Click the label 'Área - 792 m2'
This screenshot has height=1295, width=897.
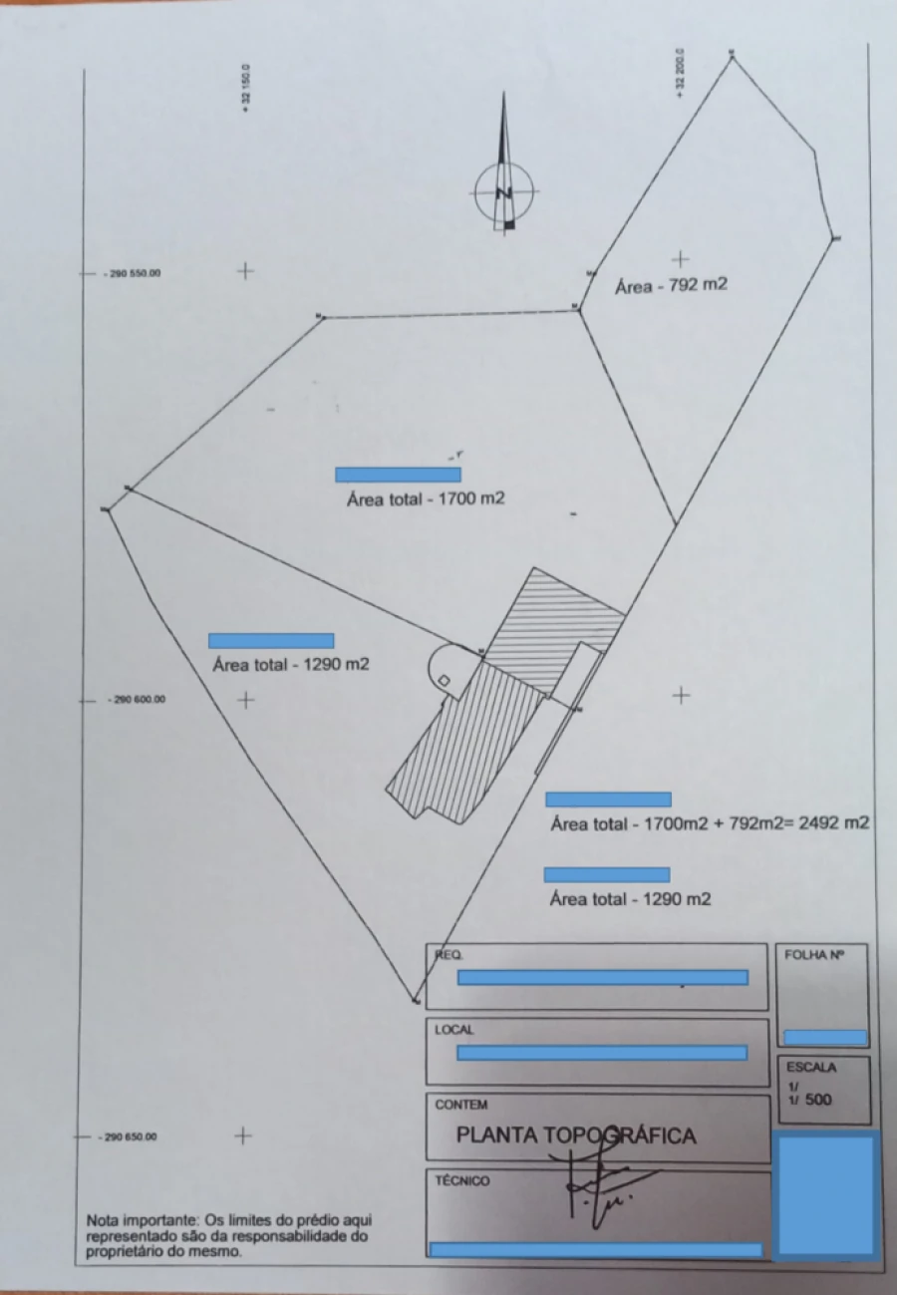[x=671, y=285]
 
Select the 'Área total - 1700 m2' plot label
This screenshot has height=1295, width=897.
[x=426, y=498]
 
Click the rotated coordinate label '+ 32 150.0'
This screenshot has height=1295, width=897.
[x=245, y=91]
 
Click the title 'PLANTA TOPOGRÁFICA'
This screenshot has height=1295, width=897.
[x=576, y=1135]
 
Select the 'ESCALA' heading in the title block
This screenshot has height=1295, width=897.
[x=810, y=1067]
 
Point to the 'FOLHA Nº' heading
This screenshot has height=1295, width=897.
[x=814, y=954]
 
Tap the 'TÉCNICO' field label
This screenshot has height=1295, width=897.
[x=462, y=1181]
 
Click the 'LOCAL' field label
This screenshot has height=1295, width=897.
[x=454, y=1030]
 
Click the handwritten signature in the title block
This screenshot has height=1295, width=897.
[x=598, y=1181]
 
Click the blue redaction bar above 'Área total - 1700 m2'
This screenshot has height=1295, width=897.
[x=398, y=475]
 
